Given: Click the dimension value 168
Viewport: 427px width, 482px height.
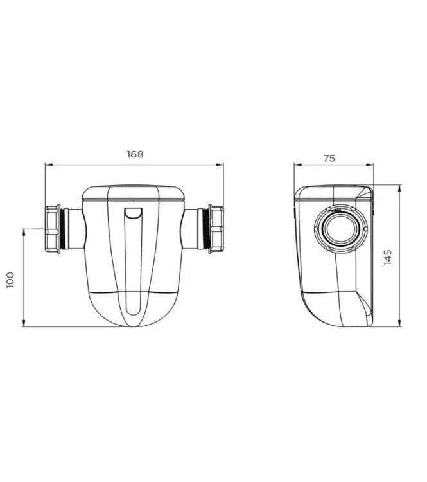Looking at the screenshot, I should tap(135, 154).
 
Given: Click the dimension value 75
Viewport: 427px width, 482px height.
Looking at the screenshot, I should tap(329, 157).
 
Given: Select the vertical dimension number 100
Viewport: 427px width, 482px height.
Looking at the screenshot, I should tap(11, 278).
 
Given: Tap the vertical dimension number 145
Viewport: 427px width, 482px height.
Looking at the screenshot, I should tap(387, 256).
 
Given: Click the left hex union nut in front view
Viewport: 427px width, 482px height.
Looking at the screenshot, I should tap(52, 229).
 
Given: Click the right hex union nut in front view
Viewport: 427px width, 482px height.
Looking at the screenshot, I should tap(216, 229).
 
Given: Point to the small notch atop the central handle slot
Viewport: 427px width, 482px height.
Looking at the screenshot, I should tap(134, 214).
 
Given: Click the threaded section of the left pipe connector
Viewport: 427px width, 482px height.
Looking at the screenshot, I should tap(62, 229).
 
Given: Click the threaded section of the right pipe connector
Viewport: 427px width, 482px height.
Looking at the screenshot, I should tap(206, 229).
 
